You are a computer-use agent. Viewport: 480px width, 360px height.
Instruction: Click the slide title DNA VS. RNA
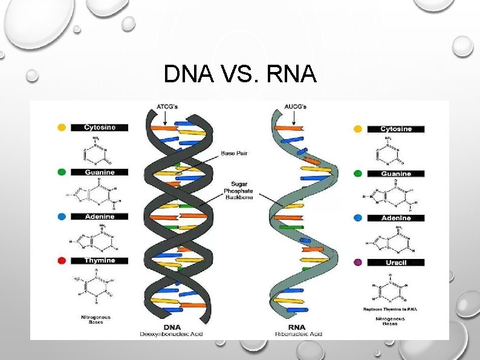239,74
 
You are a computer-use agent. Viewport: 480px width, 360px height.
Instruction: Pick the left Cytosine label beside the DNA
100,128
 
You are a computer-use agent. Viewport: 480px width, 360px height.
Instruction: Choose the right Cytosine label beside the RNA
396,129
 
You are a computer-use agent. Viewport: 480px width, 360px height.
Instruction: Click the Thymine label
100,261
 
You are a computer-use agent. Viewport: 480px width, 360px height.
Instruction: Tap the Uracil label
396,263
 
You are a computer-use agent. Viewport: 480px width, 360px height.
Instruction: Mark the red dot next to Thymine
61,261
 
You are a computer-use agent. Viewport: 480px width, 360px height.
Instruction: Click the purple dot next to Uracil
358,263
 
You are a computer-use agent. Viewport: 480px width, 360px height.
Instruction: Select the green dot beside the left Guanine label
61,172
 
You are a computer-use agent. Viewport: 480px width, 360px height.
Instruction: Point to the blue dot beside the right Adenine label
358,218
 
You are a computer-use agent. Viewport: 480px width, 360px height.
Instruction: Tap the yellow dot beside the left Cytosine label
61,128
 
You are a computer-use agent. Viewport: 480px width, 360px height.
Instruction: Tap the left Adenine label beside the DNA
100,217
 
